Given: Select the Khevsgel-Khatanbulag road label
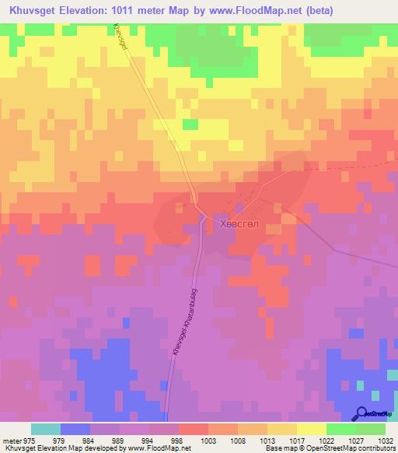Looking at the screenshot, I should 183,323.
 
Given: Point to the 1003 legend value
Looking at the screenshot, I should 209,440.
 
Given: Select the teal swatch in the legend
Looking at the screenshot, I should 45,429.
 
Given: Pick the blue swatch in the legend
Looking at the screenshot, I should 75,429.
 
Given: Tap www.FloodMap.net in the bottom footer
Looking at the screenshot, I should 168,448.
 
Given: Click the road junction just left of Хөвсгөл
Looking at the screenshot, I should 202,217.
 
